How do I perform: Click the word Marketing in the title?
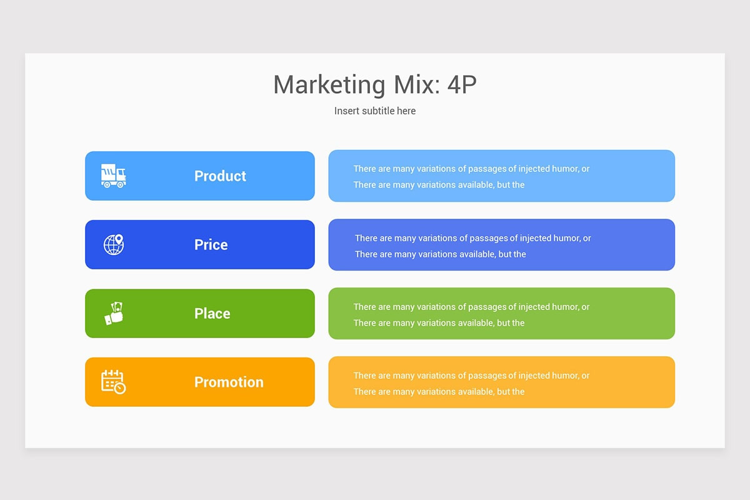329,85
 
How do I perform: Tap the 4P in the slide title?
462,84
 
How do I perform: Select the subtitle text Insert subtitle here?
375,111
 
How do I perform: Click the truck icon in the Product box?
114,176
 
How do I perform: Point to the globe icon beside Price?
114,244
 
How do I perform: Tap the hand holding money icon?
114,314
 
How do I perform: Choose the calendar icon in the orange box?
114,382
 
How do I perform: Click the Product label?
220,176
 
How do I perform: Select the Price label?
211,245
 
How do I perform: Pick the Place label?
212,314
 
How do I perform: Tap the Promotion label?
229,382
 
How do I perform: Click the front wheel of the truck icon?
120,184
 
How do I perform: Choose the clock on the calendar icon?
120,389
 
